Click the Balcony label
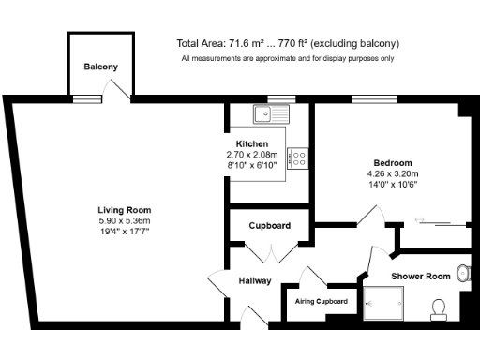coord(99,67)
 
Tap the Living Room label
coord(125,209)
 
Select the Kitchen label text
coord(252,143)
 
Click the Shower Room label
coord(420,276)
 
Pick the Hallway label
coord(254,280)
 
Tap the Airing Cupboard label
coord(322,301)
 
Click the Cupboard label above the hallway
coord(269,226)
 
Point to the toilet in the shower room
coord(438,307)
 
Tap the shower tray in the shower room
coord(385,303)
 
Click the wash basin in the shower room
coord(462,273)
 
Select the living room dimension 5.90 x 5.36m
coord(125,219)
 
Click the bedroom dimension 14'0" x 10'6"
coord(392,184)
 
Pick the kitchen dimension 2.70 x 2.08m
coord(252,154)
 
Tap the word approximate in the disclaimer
coord(280,58)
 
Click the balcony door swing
coord(118,88)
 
